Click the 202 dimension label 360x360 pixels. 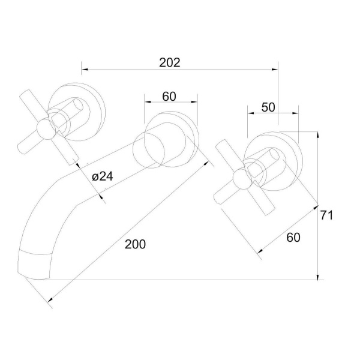pyautogui.click(x=170, y=62)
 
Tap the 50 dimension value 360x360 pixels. pyautogui.click(x=268, y=107)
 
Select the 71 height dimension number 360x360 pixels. pyautogui.click(x=326, y=215)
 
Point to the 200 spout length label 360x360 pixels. pyautogui.click(x=135, y=244)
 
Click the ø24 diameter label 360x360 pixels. pyautogui.click(x=103, y=176)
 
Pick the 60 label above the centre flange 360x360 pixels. pyautogui.click(x=169, y=97)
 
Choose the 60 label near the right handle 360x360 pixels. pyautogui.click(x=293, y=237)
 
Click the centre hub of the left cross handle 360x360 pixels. pyautogui.click(x=46, y=129)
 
